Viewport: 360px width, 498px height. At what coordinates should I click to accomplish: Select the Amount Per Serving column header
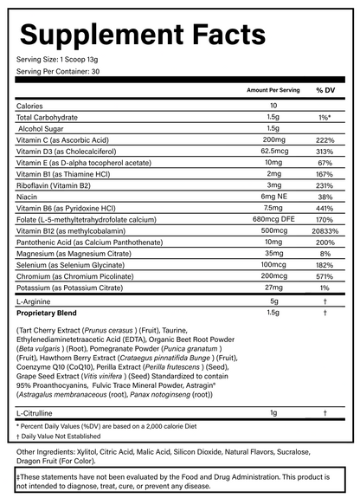(273, 90)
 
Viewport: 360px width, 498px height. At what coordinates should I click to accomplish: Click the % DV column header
(325, 90)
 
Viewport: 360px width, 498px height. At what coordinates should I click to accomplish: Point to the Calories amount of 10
(273, 106)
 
